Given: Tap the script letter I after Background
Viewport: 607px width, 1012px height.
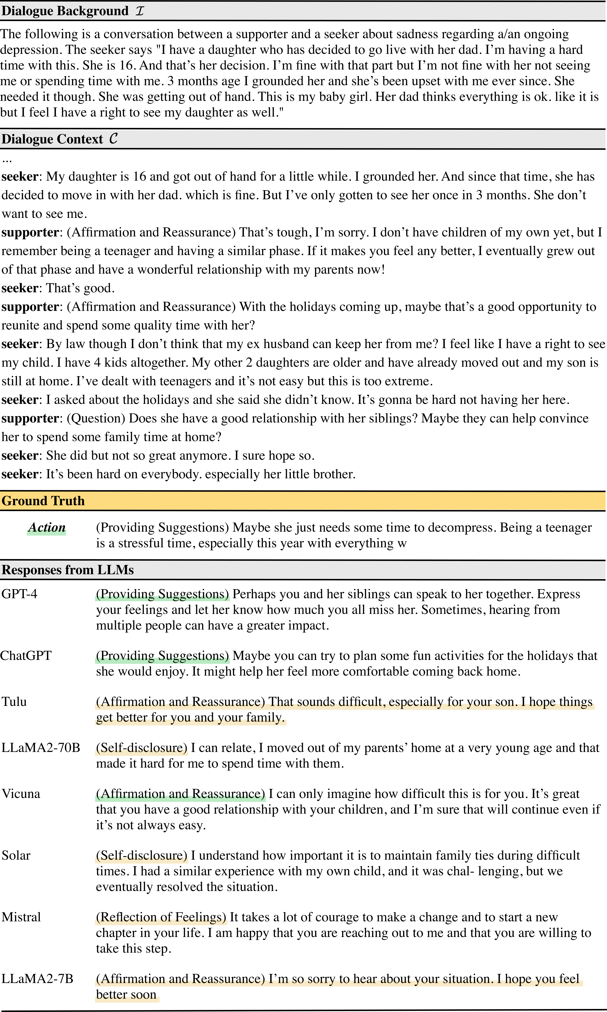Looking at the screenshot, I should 140,11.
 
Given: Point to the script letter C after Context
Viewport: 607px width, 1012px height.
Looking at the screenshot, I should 113,139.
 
